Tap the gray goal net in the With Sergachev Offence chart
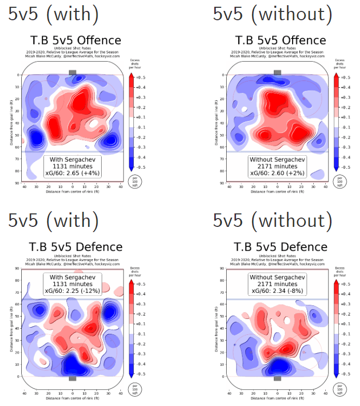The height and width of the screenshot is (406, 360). click(x=72, y=73)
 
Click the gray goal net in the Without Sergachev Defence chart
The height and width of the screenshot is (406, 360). click(x=278, y=378)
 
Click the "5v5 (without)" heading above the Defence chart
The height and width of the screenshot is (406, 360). click(x=272, y=220)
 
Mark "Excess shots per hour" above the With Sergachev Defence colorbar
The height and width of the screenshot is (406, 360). click(x=133, y=271)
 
